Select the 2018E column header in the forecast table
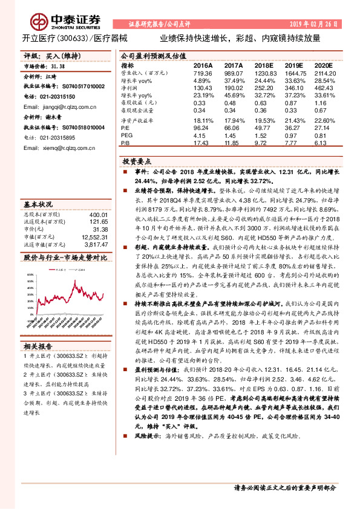[264, 65]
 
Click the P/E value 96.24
[202, 128]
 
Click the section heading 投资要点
[137, 163]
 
